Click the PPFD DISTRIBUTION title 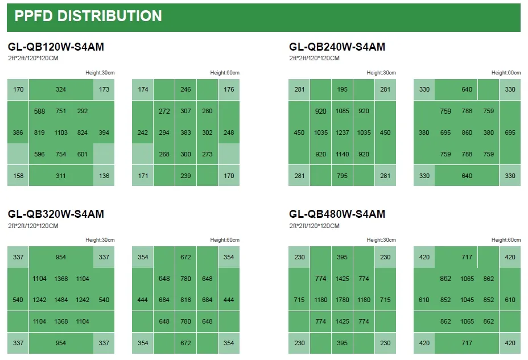click(x=88, y=16)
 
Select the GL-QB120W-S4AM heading click(x=56, y=47)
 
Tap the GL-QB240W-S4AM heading click(x=337, y=47)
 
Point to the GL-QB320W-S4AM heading click(x=56, y=214)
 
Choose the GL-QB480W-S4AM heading click(x=337, y=214)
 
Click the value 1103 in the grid click(x=61, y=133)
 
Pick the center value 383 click(x=185, y=133)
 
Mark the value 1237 click(x=343, y=133)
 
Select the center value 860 click(x=467, y=133)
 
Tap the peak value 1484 click(x=61, y=300)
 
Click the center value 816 click(x=185, y=300)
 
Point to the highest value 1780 click(x=343, y=300)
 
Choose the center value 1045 click(x=467, y=300)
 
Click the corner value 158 click(x=18, y=176)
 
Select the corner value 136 click(x=104, y=176)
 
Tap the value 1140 click(x=343, y=154)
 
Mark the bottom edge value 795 click(x=343, y=176)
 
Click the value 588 click(x=39, y=111)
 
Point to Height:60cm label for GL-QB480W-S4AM click(x=506, y=240)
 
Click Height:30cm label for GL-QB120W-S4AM click(x=100, y=73)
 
